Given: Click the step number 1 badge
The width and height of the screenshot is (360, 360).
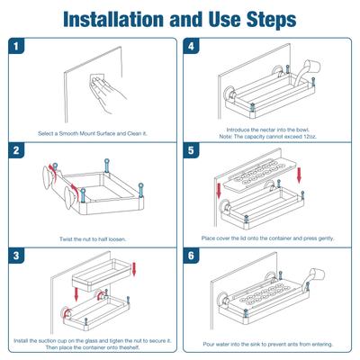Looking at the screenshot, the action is pos(16,46).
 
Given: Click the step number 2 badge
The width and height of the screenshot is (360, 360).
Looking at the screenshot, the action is pos(16,150).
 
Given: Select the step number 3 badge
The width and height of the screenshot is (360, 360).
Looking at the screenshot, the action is pos(16,256).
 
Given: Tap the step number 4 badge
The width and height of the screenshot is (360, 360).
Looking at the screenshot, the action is pos(191,46).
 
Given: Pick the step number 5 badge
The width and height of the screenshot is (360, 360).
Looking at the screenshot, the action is pos(191,150).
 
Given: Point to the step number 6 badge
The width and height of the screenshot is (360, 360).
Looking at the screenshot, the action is pos(191,256).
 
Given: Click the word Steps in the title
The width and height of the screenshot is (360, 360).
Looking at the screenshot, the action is pos(272,20).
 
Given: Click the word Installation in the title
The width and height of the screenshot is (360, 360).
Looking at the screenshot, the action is pos(114,19).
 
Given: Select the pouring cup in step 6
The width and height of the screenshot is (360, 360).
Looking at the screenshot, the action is pos(318,274).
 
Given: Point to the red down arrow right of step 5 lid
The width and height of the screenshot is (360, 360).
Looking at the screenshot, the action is pos(299,175).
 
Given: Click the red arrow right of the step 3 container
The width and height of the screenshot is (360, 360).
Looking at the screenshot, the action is pos(134,269).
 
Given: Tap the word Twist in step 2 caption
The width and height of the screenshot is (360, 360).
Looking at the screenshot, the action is pos(66,239).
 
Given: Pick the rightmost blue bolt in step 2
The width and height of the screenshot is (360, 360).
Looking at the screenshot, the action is pos(140,190).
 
